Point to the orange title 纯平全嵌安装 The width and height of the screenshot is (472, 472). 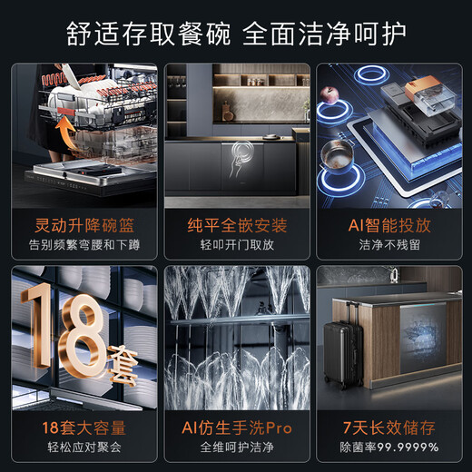click(236, 222)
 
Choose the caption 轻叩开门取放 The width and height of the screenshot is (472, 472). click(236, 244)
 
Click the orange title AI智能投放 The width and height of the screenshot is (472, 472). click(388, 222)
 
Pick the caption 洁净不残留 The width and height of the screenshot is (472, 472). click(388, 244)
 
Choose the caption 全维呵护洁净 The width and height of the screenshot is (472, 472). click(236, 447)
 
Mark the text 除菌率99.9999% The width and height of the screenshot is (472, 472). click(388, 447)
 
